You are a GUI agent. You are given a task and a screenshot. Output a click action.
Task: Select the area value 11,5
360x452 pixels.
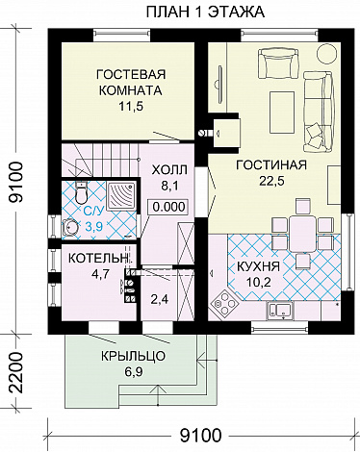[x=130, y=108]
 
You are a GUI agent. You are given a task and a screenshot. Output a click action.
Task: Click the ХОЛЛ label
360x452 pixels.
[x=169, y=170]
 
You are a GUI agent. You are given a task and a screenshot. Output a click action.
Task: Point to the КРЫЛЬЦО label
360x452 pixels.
[x=133, y=355]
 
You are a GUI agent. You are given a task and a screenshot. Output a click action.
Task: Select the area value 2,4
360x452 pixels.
[x=160, y=298]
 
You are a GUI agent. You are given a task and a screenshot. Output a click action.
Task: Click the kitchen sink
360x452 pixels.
[x=281, y=309]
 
